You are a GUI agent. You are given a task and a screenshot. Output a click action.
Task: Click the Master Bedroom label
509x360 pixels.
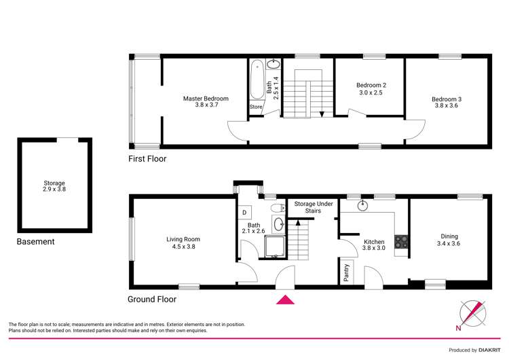206,102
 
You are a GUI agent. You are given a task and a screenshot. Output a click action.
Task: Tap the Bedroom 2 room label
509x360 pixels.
370,88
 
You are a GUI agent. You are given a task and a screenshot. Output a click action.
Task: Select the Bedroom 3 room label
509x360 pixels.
445,103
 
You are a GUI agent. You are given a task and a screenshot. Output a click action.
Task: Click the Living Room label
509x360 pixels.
183,242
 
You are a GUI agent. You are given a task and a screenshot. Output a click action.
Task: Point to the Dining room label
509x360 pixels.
449,240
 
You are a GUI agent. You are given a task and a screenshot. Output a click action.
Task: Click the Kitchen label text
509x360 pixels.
373,245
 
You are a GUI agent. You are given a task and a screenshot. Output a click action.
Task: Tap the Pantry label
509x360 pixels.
346,274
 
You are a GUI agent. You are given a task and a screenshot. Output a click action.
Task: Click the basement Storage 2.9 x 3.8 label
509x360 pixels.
54,185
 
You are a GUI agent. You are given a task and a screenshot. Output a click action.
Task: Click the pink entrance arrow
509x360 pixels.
285,299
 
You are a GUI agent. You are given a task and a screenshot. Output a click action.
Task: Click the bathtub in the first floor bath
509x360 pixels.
256,82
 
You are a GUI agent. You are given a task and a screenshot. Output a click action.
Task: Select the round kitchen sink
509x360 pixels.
362,203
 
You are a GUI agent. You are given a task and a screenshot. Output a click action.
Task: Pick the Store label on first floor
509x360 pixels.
256,107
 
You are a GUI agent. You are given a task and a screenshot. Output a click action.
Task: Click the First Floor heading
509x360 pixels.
147,159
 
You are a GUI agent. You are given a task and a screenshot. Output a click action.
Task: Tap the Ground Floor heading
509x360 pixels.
152,299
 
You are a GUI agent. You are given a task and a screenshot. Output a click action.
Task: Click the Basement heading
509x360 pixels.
35,241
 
